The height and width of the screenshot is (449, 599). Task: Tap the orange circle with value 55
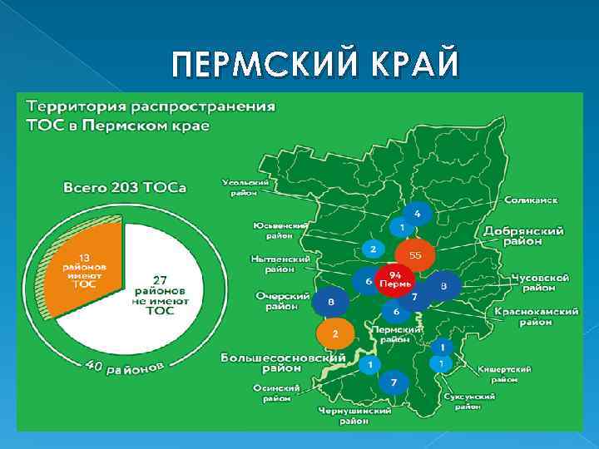(x=414, y=255)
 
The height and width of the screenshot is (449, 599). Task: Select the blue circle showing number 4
(x=417, y=215)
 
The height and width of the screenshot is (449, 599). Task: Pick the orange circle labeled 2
(x=334, y=333)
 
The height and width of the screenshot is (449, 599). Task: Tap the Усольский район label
(x=245, y=187)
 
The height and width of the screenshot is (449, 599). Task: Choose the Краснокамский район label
(x=537, y=315)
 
